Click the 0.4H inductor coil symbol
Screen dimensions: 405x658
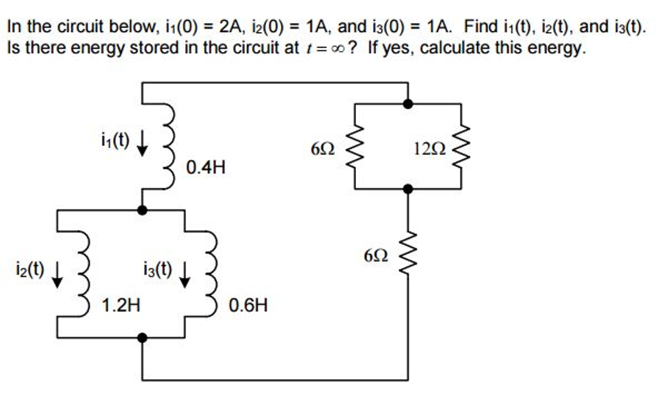click(x=170, y=145)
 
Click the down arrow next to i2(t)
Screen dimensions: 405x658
click(x=57, y=273)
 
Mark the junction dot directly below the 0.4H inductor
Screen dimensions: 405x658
click(x=142, y=210)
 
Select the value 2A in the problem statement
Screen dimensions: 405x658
click(x=229, y=27)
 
